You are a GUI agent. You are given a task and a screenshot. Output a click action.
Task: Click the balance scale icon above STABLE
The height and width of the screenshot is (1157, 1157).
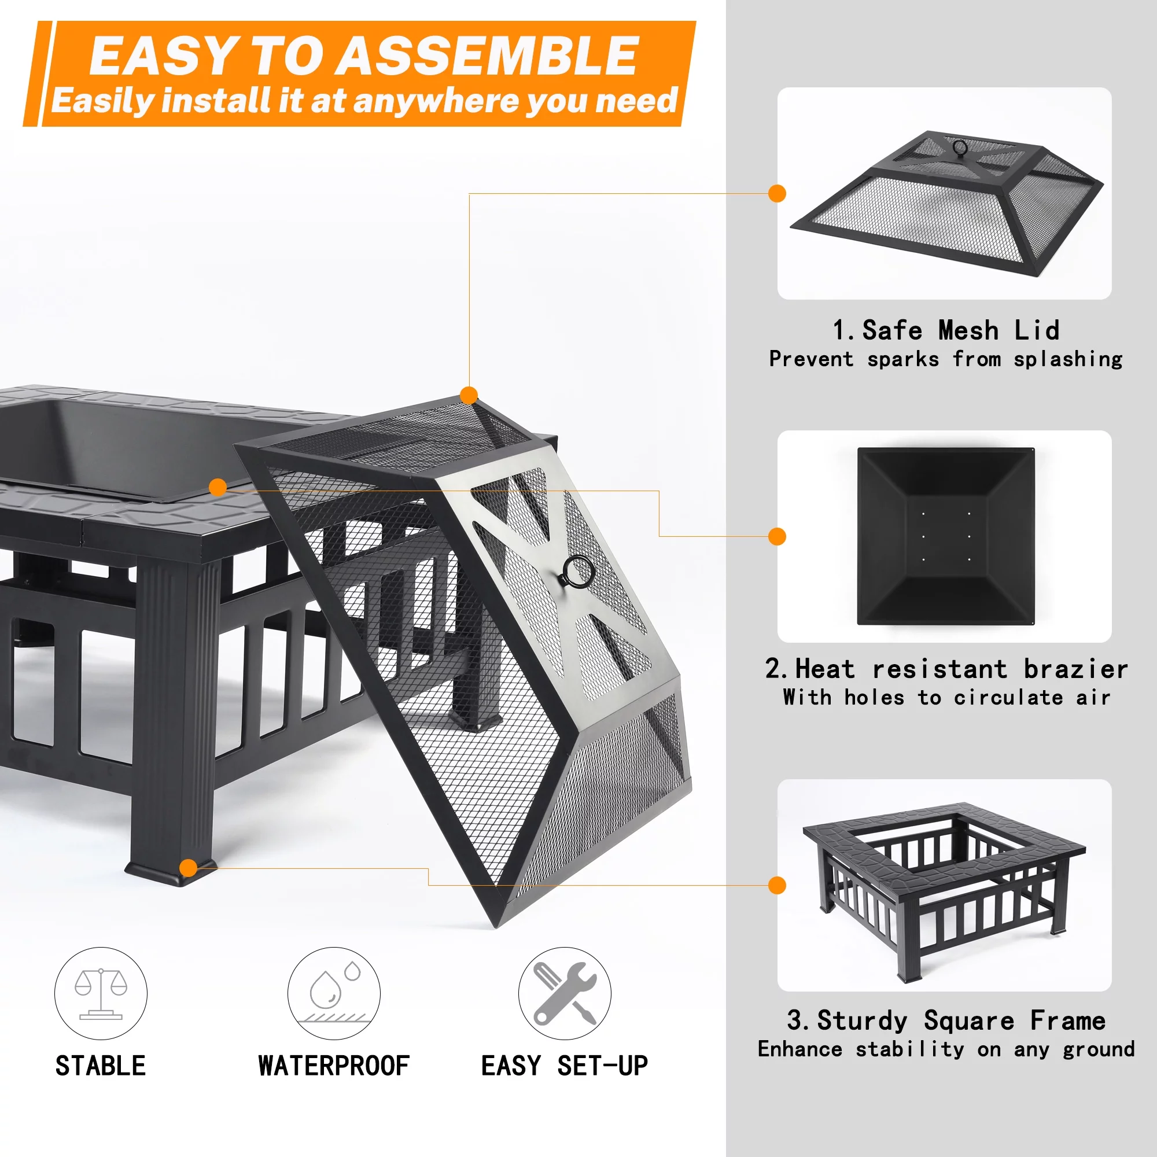tap(101, 993)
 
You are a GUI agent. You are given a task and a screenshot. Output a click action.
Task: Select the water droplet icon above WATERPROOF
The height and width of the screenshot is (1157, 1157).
tap(334, 993)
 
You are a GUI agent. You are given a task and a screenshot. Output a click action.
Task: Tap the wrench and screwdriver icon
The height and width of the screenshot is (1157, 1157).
tap(564, 993)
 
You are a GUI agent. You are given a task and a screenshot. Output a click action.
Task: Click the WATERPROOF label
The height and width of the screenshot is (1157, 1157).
tap(334, 1066)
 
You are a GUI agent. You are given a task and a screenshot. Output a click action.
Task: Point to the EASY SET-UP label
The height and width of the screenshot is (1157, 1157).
tap(564, 1066)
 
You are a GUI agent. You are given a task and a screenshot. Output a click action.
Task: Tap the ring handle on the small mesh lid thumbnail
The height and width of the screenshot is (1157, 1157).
tap(960, 148)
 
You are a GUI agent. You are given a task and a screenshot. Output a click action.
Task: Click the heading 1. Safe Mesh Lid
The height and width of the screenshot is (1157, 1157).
tap(946, 330)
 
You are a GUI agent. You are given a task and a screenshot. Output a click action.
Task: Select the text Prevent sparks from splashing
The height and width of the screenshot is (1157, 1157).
tap(946, 359)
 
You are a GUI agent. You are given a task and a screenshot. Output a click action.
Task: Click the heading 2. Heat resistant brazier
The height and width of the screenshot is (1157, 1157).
tap(946, 669)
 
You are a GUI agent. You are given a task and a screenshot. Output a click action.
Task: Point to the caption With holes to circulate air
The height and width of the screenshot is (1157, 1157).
tap(946, 698)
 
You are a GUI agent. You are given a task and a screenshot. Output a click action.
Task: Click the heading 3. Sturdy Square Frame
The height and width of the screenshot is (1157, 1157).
tap(946, 1020)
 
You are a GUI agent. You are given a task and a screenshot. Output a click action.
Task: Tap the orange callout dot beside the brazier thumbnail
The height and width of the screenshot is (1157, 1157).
tap(777, 537)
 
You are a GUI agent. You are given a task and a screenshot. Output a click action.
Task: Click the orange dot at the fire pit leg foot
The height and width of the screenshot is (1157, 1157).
tap(188, 868)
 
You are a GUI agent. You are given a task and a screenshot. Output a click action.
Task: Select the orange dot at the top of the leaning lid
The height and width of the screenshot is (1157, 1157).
tap(469, 395)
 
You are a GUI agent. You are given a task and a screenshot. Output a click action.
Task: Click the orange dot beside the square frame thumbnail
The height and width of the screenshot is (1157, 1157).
tap(777, 885)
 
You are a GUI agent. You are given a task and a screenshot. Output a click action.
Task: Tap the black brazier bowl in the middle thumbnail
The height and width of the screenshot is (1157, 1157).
tap(946, 537)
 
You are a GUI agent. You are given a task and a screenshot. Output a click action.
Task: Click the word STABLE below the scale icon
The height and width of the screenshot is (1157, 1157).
tap(101, 1066)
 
